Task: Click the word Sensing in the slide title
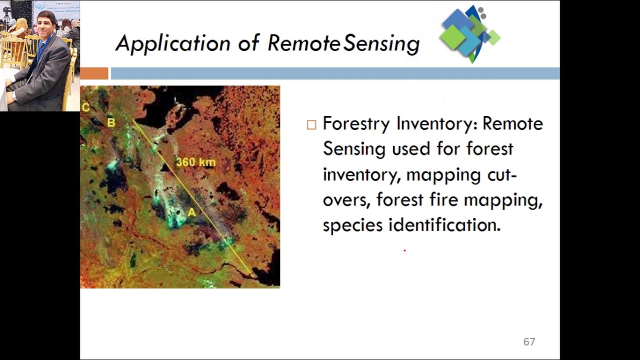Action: pos(381,44)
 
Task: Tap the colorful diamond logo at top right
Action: pos(469,34)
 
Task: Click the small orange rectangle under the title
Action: pos(94,73)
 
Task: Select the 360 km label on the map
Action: pos(195,162)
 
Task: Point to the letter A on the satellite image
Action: pos(191,212)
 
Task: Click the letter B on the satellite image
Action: pos(111,122)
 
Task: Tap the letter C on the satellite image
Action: pos(85,107)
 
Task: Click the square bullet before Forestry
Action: pos(311,125)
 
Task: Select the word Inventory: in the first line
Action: pos(436,123)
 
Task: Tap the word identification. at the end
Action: pos(444,225)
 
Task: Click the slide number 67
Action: pos(529,342)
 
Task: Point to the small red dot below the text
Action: pos(404,250)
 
